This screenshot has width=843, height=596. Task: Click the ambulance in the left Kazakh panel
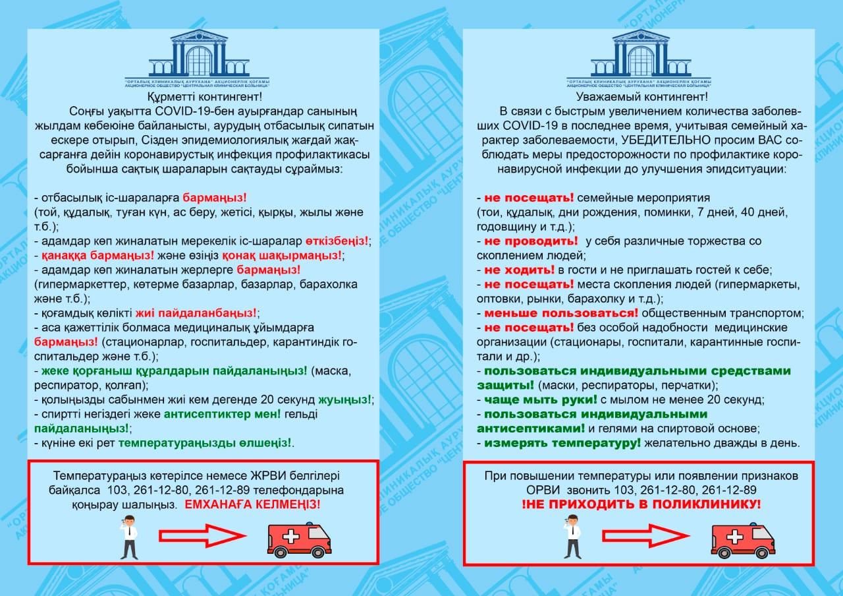[x=298, y=539]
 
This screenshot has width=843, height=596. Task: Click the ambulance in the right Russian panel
[x=742, y=539]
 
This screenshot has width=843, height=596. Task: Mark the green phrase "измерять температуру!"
[x=562, y=443]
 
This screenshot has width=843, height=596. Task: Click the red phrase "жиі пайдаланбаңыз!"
[x=195, y=313]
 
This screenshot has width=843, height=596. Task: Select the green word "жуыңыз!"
[x=344, y=399]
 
